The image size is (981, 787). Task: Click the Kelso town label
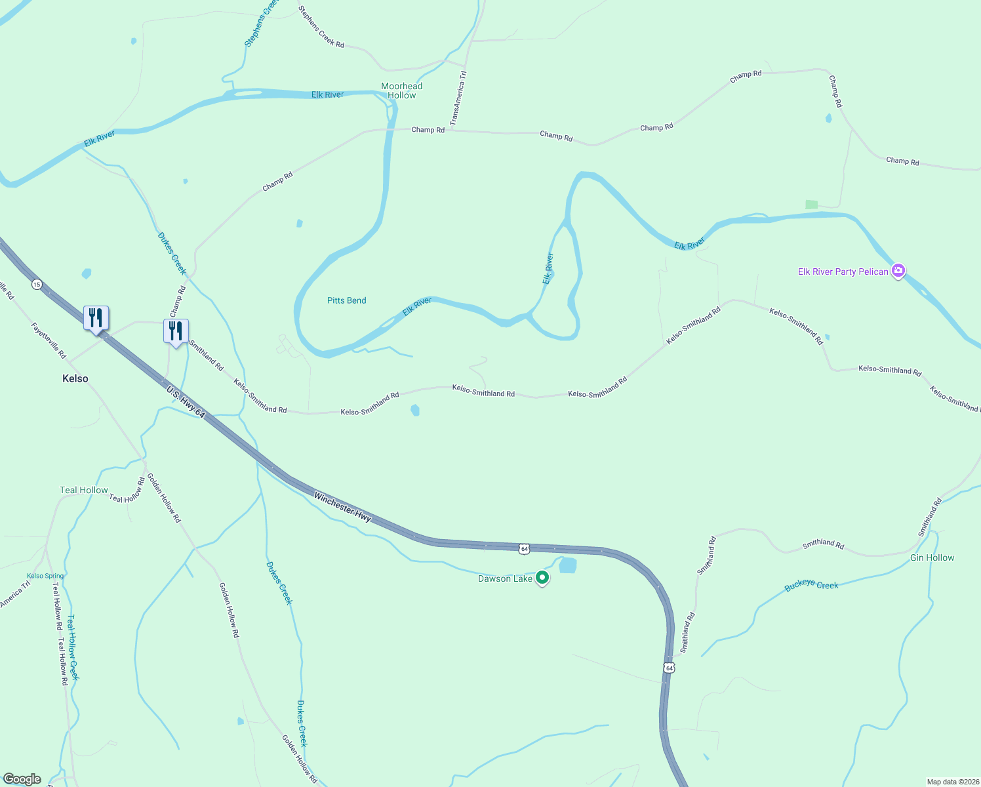[x=75, y=378]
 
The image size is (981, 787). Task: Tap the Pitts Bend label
[x=346, y=300]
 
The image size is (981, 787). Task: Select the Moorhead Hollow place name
[x=402, y=91]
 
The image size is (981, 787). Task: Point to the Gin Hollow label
[x=932, y=557]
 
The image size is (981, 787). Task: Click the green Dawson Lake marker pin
[x=542, y=578]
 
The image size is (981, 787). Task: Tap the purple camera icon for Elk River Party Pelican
[x=898, y=271]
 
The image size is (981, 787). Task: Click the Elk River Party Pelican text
[x=843, y=272]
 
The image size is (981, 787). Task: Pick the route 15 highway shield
[x=37, y=284]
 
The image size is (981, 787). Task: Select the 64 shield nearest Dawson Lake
[x=524, y=548]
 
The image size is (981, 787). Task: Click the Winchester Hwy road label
[x=342, y=507]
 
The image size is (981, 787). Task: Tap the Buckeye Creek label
[x=811, y=585]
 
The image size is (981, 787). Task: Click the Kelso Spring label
[x=45, y=576]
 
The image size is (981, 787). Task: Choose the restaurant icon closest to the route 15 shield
[x=96, y=318]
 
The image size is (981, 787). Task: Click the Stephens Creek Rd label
[x=321, y=26]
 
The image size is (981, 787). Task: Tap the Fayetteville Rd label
[x=49, y=340]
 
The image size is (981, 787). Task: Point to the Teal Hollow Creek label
[x=72, y=647]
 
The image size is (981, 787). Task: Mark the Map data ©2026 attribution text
[x=952, y=782]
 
